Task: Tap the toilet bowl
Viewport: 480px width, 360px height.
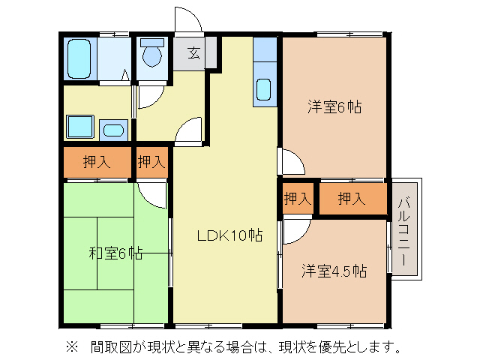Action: (x=152, y=55)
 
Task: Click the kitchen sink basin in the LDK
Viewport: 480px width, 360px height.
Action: (x=264, y=89)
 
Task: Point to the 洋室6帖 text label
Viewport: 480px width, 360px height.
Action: (x=334, y=107)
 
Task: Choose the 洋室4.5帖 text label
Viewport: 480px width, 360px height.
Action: (x=334, y=270)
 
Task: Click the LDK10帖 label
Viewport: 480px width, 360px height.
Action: (x=229, y=235)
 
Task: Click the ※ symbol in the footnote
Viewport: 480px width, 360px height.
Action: (x=72, y=346)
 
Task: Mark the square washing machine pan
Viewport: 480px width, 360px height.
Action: (x=79, y=126)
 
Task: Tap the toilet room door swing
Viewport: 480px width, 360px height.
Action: (x=147, y=94)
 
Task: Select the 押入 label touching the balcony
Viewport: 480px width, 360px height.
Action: (x=351, y=199)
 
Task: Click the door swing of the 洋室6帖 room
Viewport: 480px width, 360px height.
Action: (x=292, y=163)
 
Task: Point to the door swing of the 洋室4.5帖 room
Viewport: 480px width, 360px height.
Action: (x=292, y=231)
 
